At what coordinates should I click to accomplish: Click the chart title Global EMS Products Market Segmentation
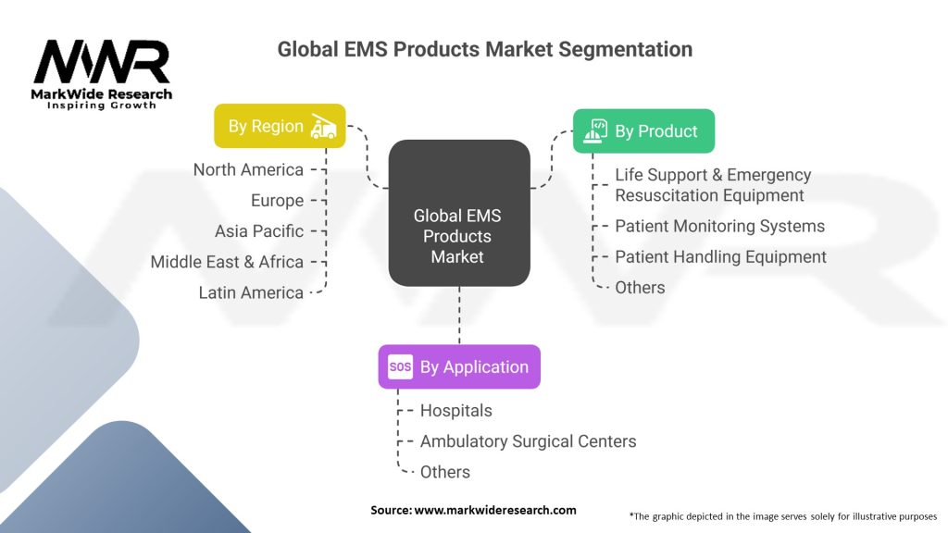(484, 49)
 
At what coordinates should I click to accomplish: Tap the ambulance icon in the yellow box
(323, 126)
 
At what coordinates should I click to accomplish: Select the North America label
(248, 169)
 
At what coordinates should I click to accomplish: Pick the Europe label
(277, 200)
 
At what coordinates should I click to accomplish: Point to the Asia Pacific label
(259, 230)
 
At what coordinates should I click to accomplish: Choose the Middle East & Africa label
(227, 262)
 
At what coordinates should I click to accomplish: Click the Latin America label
(251, 292)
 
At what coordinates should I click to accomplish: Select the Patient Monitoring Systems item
(719, 226)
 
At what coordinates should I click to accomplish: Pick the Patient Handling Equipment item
(720, 256)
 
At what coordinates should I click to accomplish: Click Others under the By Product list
(640, 287)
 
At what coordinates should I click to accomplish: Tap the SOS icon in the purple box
(400, 367)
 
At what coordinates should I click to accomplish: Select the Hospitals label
(455, 410)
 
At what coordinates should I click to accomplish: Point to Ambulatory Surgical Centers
(528, 441)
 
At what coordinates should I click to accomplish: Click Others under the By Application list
(444, 472)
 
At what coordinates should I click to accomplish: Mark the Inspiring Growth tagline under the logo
(102, 105)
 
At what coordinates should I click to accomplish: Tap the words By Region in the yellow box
(266, 126)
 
